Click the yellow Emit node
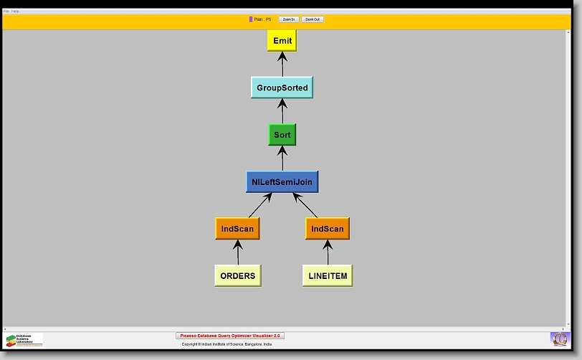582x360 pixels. [282, 41]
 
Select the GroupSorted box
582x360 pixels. [282, 87]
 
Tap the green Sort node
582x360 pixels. [282, 135]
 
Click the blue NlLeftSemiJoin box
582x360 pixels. [282, 181]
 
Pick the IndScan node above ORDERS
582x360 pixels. [237, 229]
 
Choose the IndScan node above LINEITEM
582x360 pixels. [327, 229]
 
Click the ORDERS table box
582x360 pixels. [237, 275]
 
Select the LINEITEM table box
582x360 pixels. [328, 275]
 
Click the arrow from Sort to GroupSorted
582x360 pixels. [282, 111]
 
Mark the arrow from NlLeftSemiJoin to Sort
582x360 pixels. [282, 158]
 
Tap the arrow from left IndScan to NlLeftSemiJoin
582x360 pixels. [259, 205]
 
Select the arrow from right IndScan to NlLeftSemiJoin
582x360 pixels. [305, 205]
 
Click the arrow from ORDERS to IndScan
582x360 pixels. [237, 252]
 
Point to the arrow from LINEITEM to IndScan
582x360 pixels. [328, 252]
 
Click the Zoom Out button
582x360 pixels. [312, 19]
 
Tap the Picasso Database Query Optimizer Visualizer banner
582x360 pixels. [230, 336]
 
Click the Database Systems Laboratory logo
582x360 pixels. [24, 340]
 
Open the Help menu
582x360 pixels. [15, 11]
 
